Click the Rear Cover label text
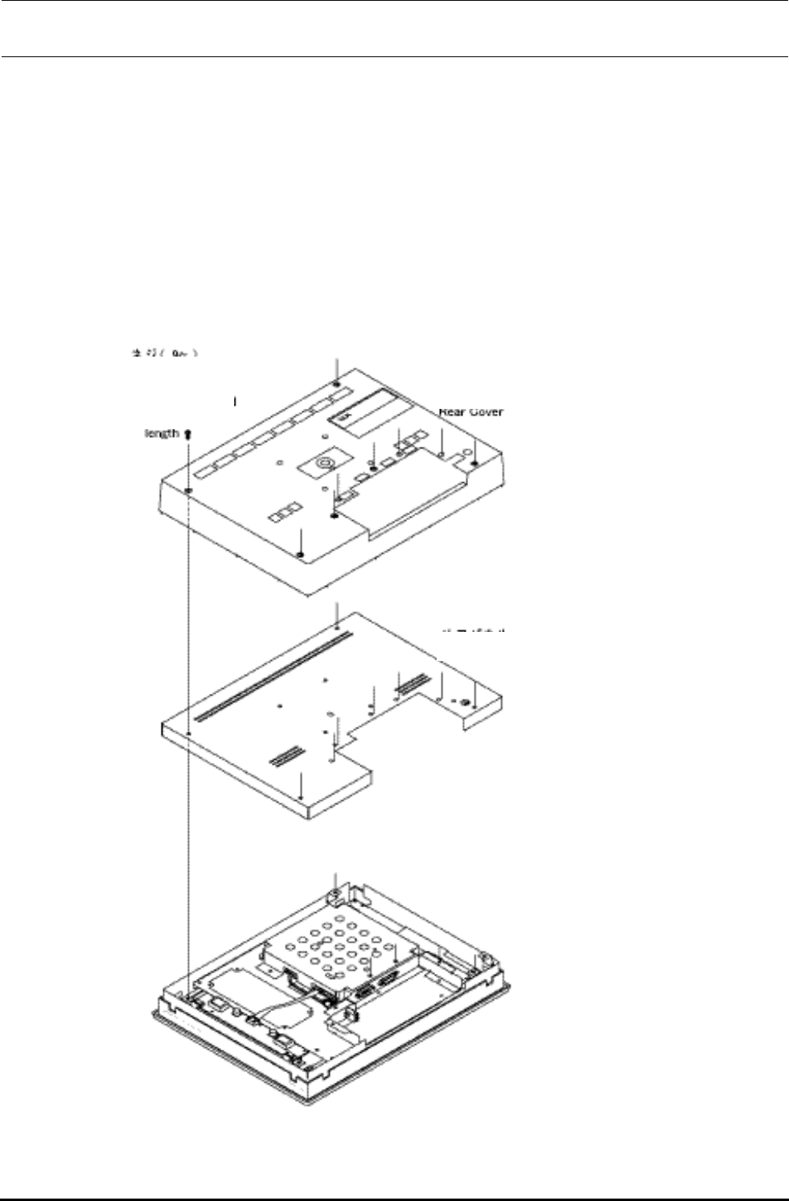[x=471, y=412]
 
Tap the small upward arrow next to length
[x=187, y=433]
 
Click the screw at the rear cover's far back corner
[x=337, y=386]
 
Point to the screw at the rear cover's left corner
[x=187, y=490]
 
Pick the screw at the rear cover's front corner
[x=299, y=555]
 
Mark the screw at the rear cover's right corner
[x=475, y=463]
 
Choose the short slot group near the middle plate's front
[x=286, y=755]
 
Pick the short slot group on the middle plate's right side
[x=413, y=684]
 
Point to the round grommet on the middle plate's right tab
[x=464, y=702]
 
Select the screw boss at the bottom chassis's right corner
[x=486, y=958]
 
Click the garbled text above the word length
[x=164, y=353]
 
